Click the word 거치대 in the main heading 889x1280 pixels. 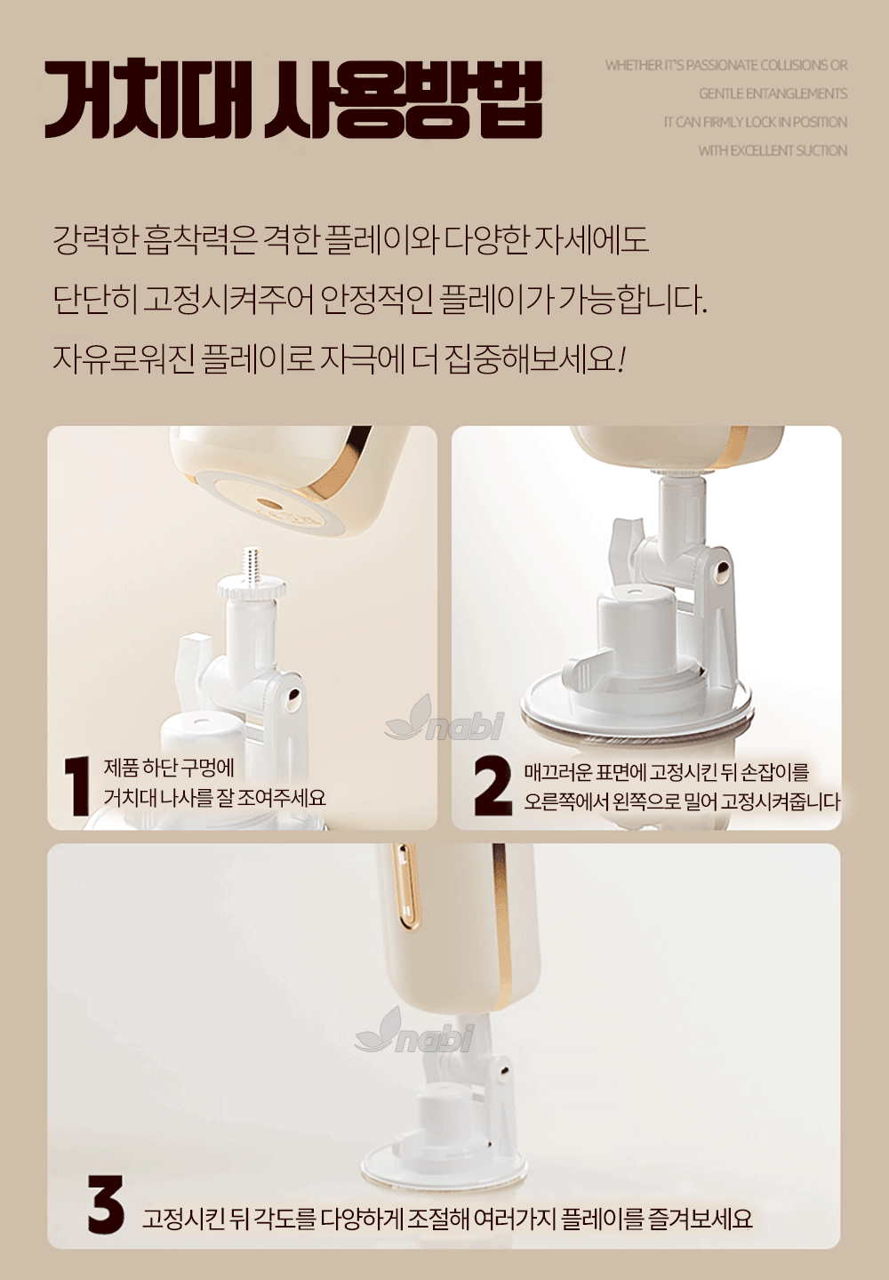[148, 98]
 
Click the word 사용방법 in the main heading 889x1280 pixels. [403, 98]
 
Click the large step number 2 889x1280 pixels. [493, 785]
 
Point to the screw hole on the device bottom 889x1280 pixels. [268, 504]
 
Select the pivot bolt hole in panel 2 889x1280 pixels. [722, 569]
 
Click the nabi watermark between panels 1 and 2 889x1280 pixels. [444, 719]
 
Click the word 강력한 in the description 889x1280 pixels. [95, 240]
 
